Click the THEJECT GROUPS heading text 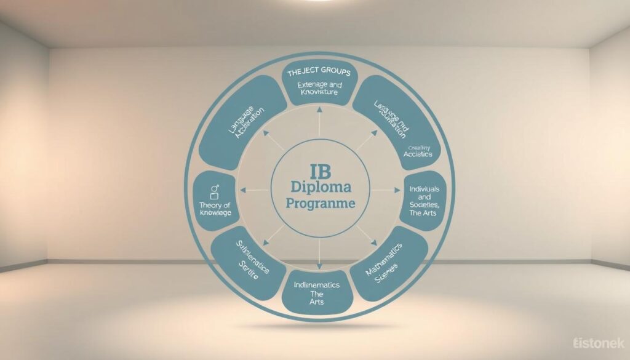coord(314,73)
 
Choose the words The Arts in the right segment coord(425,213)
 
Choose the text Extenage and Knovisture coord(314,88)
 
